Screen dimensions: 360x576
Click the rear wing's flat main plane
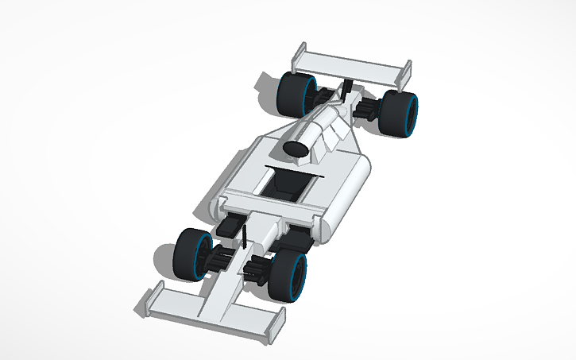click(350, 65)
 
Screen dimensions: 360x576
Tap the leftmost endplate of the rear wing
click(300, 54)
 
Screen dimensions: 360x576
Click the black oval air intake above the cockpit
click(296, 149)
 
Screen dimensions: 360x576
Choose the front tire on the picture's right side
click(288, 276)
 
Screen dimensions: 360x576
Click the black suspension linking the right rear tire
click(369, 107)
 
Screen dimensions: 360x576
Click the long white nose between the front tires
click(226, 286)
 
